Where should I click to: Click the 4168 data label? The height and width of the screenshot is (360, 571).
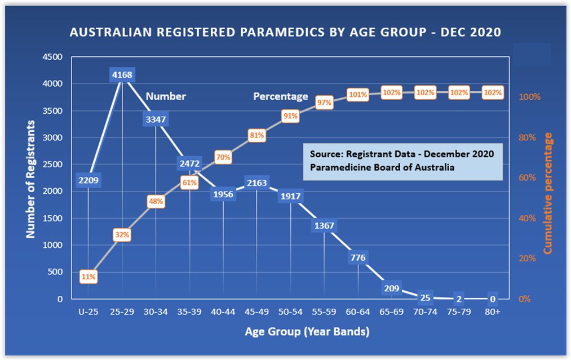tap(122, 74)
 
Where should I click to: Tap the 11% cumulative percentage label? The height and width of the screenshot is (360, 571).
tap(88, 277)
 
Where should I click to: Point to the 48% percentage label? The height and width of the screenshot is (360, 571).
tap(156, 201)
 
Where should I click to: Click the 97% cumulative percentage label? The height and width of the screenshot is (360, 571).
tap(324, 103)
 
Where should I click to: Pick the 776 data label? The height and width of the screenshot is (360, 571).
tap(358, 258)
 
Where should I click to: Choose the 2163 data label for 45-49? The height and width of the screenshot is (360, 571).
tap(256, 182)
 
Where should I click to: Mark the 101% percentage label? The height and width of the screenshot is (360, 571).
tap(358, 95)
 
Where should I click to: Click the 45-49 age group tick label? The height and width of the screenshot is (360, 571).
tap(256, 310)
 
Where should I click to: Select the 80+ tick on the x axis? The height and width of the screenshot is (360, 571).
tap(493, 310)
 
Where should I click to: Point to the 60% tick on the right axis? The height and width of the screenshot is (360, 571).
tap(529, 177)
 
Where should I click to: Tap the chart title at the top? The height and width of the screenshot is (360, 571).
tap(285, 33)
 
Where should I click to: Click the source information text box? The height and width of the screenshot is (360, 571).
tap(402, 161)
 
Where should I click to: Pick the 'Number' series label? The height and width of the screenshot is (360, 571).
tap(166, 96)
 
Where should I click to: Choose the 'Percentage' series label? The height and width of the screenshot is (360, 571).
tap(280, 96)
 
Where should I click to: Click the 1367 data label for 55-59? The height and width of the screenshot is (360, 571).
tap(324, 226)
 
